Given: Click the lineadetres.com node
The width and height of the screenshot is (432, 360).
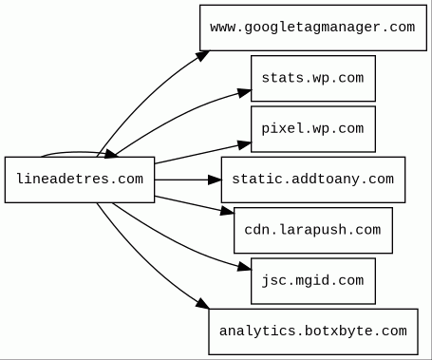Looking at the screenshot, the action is pos(80,180).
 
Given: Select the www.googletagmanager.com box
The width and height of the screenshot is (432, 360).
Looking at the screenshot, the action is pos(313,28).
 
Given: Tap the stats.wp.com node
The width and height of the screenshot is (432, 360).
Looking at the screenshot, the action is pos(313,79).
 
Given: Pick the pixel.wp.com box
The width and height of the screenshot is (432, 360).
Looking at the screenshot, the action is pos(313,129).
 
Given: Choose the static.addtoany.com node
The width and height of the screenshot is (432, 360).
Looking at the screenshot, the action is pos(313,180).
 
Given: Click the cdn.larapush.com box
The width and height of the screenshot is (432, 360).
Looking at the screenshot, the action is pos(313,230).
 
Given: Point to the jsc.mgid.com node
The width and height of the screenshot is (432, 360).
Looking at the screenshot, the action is pos(313,281).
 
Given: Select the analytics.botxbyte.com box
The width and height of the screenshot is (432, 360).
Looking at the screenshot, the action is pos(313,332).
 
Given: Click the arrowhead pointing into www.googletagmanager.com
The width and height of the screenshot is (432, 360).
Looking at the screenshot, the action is pos(202,56).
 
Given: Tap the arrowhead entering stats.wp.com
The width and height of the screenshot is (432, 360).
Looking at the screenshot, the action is pos(244,92).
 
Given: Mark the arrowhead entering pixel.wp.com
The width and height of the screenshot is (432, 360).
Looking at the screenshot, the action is pos(244,144).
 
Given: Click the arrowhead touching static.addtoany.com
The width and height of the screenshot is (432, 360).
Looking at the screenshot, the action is pos(215,180).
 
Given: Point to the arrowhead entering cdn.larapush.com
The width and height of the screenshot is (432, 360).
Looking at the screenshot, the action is pos(227,211).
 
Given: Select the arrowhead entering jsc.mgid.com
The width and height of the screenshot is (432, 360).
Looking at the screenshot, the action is pos(244,267).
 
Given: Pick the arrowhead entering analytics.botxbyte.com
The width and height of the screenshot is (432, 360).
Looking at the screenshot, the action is pos(202,303).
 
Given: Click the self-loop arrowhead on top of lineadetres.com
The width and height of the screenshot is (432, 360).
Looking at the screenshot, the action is pos(111,154).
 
